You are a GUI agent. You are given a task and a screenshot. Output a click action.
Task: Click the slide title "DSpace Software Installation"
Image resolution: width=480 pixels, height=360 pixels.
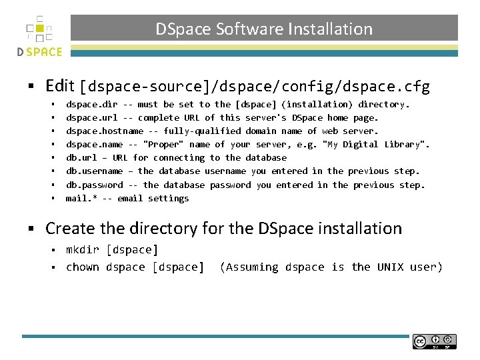point(264,29)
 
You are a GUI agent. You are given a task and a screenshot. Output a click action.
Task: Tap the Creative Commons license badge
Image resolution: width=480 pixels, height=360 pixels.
point(434,341)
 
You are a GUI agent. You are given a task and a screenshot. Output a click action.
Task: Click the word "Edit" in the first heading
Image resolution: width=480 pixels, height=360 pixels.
point(60,86)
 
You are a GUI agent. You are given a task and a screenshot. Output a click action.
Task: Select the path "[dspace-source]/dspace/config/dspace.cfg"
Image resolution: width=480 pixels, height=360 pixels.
point(255,87)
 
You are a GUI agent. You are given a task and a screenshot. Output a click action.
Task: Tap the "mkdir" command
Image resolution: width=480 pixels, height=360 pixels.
point(82,250)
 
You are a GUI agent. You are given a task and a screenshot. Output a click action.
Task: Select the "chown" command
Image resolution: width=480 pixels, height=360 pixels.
point(82,267)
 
